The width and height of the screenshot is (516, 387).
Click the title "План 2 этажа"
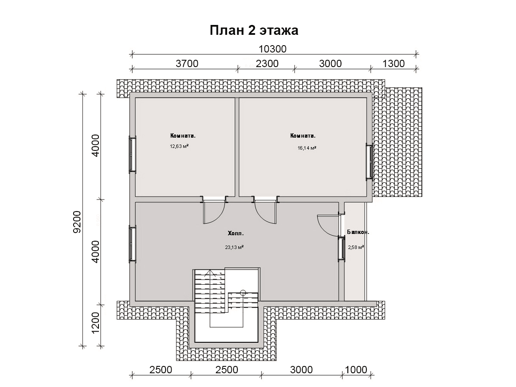(254, 31)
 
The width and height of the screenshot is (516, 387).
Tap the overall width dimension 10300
(273, 49)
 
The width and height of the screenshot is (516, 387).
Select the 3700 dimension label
(187, 64)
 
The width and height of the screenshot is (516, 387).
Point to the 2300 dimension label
(267, 64)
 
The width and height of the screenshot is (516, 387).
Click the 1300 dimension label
(393, 64)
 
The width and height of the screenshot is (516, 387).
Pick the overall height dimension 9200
(77, 222)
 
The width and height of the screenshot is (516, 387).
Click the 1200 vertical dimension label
(96, 322)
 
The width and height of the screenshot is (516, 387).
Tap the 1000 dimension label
(356, 370)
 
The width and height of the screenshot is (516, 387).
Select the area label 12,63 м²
(179, 146)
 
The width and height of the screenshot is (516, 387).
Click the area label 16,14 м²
(307, 148)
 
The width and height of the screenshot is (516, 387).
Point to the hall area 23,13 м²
(234, 247)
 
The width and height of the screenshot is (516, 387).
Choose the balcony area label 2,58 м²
(356, 247)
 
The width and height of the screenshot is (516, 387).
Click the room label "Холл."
(236, 233)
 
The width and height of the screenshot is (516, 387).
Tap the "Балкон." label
(358, 232)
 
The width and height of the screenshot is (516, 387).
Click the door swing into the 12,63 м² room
(220, 216)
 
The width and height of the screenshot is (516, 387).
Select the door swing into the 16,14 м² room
(260, 216)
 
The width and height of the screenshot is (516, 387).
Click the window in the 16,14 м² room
(369, 162)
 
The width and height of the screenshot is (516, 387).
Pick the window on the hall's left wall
(132, 244)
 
